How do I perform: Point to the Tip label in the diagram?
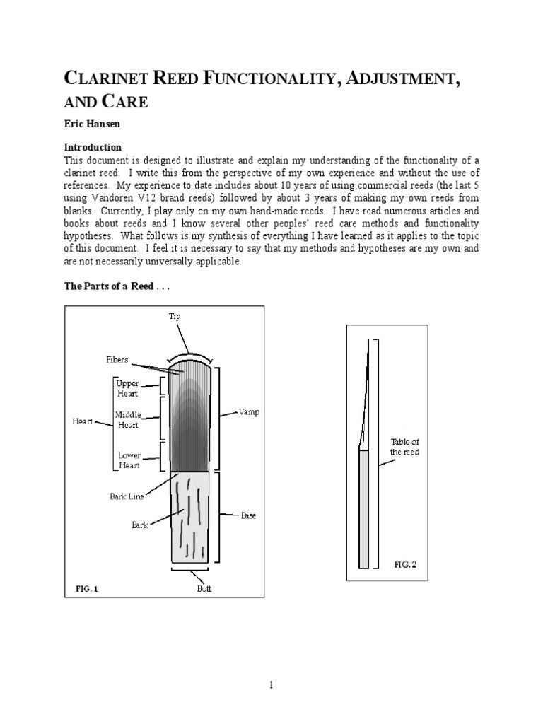[175, 317]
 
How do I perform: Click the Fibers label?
[117, 360]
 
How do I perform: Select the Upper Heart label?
[132, 388]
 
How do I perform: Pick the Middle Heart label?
[128, 419]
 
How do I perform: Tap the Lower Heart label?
[129, 460]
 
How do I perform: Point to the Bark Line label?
[127, 496]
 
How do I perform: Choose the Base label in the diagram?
[248, 515]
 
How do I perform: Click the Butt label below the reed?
[204, 588]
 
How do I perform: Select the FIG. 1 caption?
[86, 588]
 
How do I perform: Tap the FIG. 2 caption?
[406, 564]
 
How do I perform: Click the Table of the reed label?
[405, 447]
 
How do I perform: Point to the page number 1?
[271, 684]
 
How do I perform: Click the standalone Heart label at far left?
[83, 422]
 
